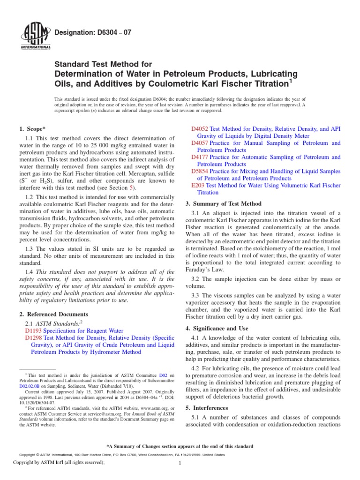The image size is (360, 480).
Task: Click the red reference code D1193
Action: (33, 330)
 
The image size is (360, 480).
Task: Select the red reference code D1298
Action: (33, 337)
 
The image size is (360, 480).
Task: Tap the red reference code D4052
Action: (200, 128)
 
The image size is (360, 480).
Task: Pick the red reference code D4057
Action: (200, 143)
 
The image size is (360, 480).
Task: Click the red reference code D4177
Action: (200, 157)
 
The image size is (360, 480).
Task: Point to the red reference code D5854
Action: (200, 172)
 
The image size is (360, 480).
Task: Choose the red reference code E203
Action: (198, 186)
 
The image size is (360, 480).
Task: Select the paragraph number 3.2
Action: (196, 280)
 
